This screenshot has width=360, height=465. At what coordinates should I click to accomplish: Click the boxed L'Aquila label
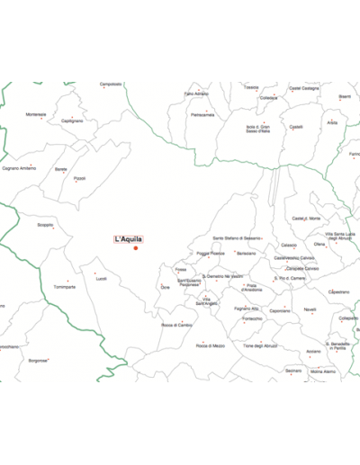(128, 239)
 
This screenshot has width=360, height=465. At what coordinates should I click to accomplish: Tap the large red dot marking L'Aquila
(135, 248)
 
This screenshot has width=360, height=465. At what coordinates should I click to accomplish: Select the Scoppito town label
(45, 225)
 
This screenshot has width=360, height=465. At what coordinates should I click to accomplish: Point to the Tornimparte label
(64, 287)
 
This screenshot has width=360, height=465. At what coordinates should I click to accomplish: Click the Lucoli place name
(101, 278)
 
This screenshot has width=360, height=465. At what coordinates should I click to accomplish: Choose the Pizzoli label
(80, 178)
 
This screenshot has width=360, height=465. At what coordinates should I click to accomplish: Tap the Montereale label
(36, 114)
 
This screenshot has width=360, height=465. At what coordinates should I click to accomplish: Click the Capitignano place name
(72, 121)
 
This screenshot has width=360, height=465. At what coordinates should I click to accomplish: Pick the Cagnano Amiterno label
(19, 168)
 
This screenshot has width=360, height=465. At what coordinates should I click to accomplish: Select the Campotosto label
(111, 84)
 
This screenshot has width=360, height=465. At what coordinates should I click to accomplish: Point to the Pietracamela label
(202, 114)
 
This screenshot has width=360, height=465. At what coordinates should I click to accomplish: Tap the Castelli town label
(296, 127)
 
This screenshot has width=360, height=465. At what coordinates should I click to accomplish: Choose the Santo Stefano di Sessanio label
(237, 238)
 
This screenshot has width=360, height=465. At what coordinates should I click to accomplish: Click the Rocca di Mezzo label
(211, 345)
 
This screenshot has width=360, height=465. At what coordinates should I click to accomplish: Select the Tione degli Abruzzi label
(260, 345)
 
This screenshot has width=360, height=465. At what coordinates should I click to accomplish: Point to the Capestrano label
(338, 291)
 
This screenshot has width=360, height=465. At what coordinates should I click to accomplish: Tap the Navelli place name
(310, 309)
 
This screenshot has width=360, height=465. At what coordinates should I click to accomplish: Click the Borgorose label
(38, 361)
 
